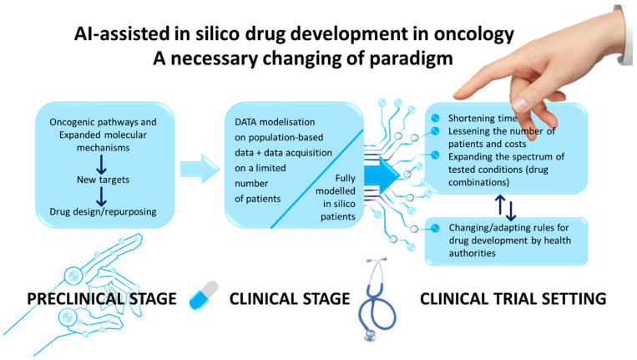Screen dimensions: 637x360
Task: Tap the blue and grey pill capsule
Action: point(204,296)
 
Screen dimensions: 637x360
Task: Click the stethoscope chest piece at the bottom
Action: point(370,335)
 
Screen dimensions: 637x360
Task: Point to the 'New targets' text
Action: point(104,180)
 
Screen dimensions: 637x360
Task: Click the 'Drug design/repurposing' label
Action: point(103,211)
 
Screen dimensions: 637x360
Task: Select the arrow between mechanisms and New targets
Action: point(102,165)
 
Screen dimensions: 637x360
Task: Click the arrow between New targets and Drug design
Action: point(102,196)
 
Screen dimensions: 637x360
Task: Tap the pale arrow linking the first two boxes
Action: point(200,169)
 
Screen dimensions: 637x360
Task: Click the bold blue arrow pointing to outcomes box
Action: point(382,176)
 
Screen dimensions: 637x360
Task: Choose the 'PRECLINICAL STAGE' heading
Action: point(102,299)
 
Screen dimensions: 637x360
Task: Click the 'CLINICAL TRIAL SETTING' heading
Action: point(513,299)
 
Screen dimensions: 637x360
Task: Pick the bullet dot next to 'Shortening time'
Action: point(435,118)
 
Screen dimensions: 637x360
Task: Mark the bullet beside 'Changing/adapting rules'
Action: point(435,228)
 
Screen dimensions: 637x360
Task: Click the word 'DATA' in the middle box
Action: point(246,122)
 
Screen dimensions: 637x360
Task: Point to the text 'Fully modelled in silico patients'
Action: point(336,197)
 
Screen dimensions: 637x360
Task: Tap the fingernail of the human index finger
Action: point(520,104)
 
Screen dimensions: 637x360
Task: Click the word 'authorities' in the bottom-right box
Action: point(472,253)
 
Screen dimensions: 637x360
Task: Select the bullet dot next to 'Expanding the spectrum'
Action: point(435,155)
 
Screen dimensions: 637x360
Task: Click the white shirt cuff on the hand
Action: point(624,34)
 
